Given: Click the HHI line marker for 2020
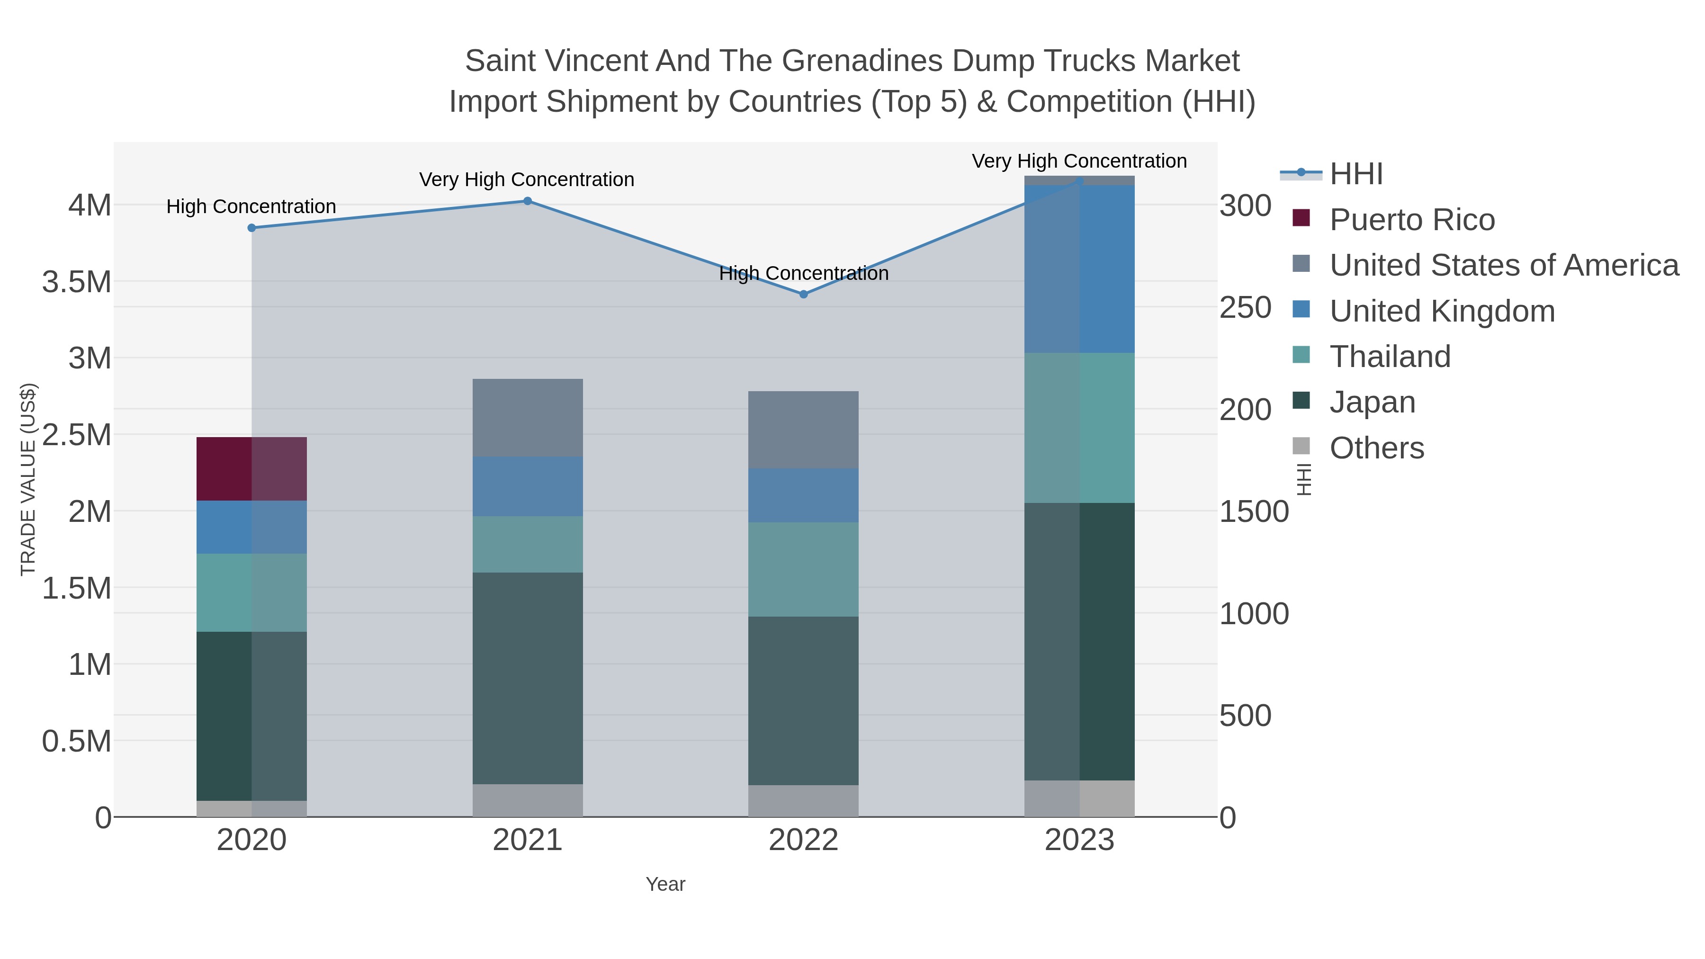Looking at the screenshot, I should (251, 228).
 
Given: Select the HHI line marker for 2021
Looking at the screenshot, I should (528, 201).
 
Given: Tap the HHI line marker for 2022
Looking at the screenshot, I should (804, 295).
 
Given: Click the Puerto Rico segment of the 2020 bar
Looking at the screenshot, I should (251, 468).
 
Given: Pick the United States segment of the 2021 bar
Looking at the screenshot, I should (528, 418).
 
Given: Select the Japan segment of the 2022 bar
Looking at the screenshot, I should (804, 700).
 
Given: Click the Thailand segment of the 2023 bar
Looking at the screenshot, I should (1079, 428).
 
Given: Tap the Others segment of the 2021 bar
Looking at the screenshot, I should (528, 800).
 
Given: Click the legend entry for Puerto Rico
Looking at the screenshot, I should (1412, 220).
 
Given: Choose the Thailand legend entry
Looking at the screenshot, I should (1390, 357).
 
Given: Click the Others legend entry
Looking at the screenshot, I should (1377, 448).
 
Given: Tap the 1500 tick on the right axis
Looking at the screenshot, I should (1254, 511).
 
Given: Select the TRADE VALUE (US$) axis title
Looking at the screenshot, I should (28, 479).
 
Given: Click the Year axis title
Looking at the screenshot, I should (665, 884).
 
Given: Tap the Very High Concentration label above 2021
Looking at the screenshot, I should (527, 179).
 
